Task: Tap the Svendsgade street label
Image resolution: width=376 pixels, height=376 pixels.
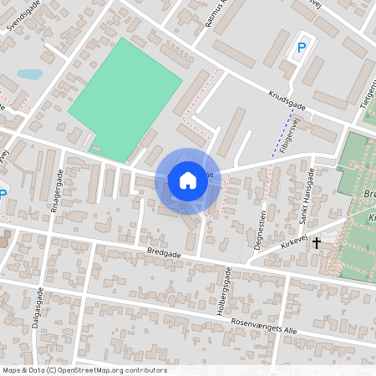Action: click(23, 16)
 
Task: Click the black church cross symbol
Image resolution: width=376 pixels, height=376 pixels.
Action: click(317, 243)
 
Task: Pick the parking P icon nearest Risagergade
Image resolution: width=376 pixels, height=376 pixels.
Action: click(3, 196)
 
